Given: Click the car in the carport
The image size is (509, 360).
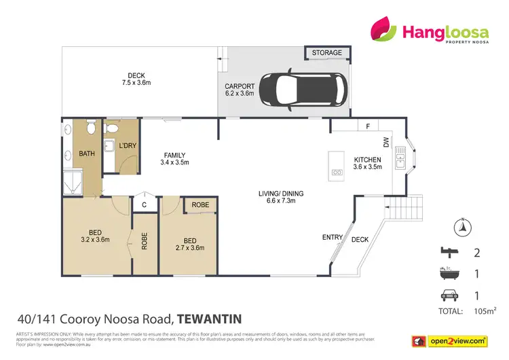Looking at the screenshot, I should [303, 91].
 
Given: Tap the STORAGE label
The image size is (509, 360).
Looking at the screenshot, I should [327, 53].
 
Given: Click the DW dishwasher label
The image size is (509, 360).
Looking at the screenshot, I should [385, 143].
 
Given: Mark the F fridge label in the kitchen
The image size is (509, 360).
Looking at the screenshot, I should [367, 126].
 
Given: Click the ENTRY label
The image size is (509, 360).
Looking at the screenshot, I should [332, 237].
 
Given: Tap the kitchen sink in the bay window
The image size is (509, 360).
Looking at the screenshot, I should [401, 161].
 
